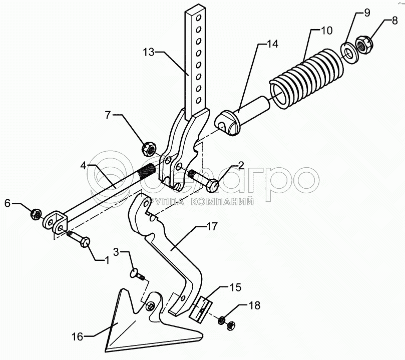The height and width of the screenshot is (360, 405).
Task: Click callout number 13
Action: (149, 52)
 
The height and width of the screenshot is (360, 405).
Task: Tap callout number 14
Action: (272, 45)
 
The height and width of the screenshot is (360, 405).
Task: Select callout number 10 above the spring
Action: (326, 31)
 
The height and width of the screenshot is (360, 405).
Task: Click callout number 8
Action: (394, 22)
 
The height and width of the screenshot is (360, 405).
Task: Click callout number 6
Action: (7, 203)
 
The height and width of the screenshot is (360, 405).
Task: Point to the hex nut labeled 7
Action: (149, 148)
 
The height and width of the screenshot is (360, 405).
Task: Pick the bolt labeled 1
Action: (80, 239)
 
